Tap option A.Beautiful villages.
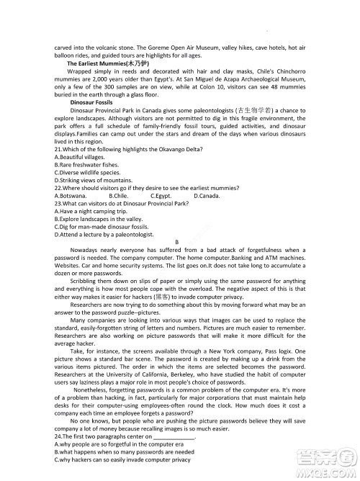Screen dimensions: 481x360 (81, 157)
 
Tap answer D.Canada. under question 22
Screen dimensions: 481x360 (207, 195)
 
